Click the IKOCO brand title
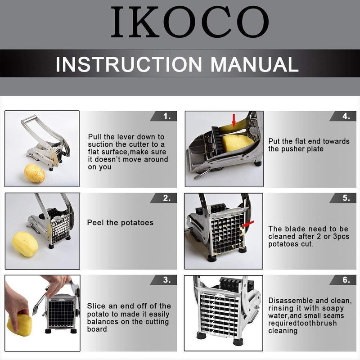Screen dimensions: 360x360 [190, 22]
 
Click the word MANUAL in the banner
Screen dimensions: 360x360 [254, 64]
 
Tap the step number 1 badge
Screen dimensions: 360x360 [163, 116]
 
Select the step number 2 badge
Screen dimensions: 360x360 [163, 198]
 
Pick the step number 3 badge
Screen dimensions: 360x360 [163, 280]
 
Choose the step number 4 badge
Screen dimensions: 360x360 [343, 116]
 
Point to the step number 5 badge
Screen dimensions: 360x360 [343, 198]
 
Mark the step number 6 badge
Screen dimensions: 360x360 [343, 280]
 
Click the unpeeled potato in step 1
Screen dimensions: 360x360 [35, 173]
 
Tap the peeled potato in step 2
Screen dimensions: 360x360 [25, 244]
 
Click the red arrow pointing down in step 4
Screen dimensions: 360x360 [234, 121]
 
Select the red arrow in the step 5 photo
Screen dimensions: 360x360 [248, 224]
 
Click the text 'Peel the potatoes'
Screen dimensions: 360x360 [120, 223]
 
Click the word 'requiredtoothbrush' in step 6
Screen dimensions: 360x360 [302, 323]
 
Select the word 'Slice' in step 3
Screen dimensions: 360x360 [96, 306]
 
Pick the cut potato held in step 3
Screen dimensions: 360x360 [19, 325]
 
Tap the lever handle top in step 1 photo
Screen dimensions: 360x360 [28, 119]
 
